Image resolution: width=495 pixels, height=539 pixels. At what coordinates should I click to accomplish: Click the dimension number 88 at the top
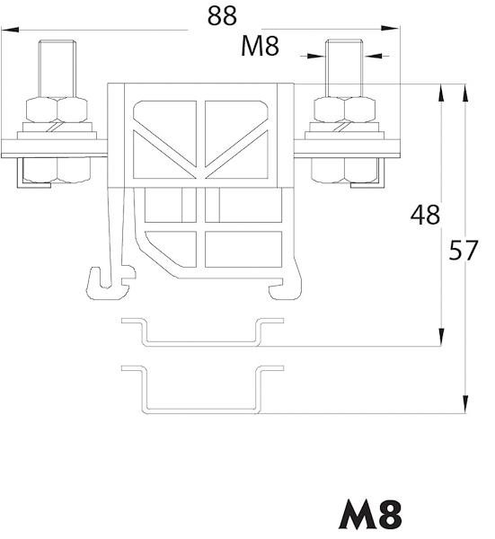coord(222,16)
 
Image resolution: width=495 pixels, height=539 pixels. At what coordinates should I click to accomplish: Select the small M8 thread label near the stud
coord(260,46)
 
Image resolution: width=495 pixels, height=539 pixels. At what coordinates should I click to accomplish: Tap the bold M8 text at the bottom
coord(370,514)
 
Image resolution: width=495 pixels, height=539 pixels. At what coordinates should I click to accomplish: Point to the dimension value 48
coord(425,216)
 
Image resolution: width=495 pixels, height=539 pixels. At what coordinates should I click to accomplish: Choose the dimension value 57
coord(464,251)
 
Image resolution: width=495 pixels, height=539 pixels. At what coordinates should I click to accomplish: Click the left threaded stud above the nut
coord(57,69)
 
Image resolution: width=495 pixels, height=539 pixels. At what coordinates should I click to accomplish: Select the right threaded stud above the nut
coord(344,68)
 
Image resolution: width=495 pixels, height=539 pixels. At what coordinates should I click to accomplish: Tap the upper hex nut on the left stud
coord(57,110)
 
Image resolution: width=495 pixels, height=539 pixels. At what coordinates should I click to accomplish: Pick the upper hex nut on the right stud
coord(344,110)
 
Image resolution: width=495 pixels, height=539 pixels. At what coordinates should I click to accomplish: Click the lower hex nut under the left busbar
coord(57,170)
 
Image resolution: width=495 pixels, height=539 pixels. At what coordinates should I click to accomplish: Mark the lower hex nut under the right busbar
coord(344,170)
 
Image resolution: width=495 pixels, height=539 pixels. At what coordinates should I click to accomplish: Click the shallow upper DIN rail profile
coord(203,332)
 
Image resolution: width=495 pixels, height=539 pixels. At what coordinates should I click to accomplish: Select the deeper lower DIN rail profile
coord(203,390)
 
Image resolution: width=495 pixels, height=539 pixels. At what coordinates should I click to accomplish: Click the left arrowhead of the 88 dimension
coord(10,30)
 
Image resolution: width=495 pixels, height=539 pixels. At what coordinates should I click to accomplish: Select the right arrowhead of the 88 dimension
coord(390,28)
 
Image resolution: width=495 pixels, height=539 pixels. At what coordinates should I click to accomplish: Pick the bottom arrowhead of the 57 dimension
coord(465,404)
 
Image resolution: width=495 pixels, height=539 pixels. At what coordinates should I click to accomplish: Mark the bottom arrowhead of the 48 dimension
coord(441,337)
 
